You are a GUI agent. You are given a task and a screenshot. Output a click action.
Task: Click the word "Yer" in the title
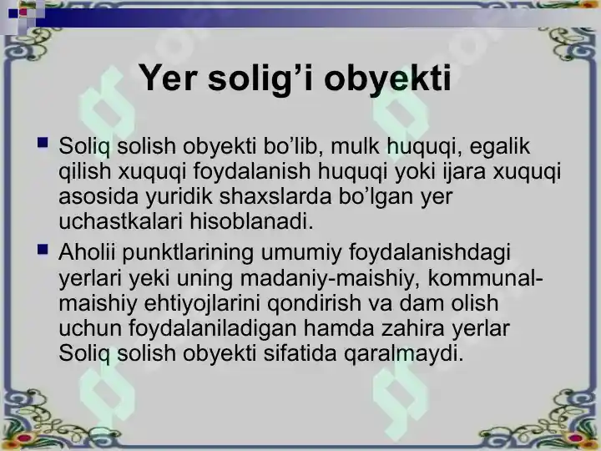click(166, 79)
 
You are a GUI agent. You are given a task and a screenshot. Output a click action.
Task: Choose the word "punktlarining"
click(184, 252)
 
